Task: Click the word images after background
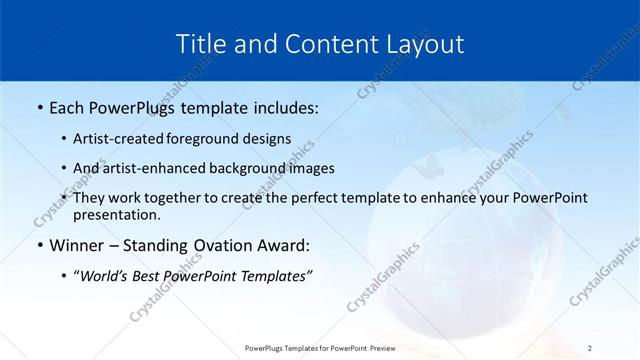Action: click(x=312, y=168)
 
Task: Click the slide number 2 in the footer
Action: click(x=590, y=347)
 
